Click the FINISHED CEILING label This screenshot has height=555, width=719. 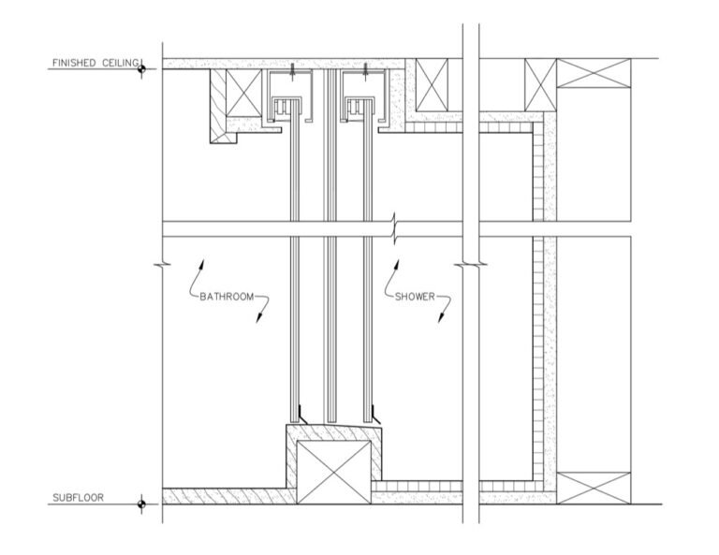[x=95, y=63]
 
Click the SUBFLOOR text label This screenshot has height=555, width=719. [x=78, y=498]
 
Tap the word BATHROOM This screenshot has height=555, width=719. [x=227, y=297]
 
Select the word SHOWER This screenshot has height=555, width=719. [x=415, y=297]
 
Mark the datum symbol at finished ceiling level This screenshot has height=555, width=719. [x=141, y=68]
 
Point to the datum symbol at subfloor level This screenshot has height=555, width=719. [x=141, y=504]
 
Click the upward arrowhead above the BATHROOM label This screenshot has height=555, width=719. [x=201, y=266]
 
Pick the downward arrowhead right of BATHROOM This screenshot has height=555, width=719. [x=259, y=317]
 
